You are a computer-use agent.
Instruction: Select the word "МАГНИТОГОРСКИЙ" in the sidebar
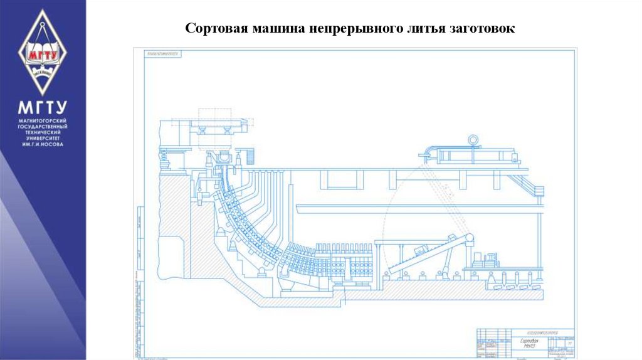point(43,120)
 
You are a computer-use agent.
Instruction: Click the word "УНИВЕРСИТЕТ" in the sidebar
point(43,139)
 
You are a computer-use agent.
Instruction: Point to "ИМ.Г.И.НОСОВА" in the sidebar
point(43,145)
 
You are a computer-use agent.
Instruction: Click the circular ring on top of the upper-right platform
point(471,139)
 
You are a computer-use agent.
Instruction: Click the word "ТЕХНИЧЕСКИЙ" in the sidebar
point(43,133)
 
